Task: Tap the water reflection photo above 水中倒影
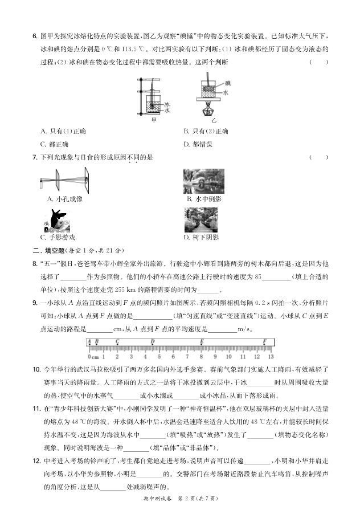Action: click(203, 181)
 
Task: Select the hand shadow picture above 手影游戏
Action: click(56, 221)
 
